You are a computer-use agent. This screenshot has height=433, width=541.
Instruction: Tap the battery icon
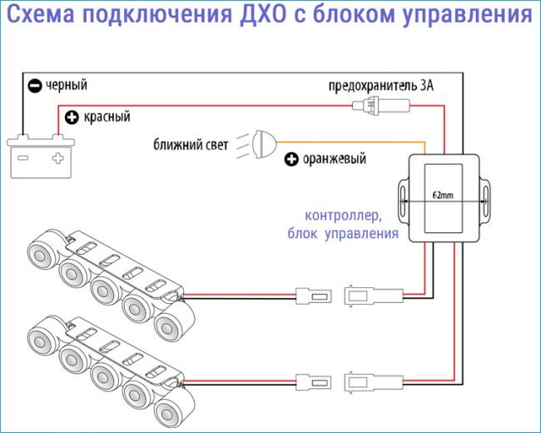coord(38,154)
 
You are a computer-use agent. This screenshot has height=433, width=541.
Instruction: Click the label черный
coord(67,84)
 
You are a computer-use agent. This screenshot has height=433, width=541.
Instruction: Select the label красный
coord(107,116)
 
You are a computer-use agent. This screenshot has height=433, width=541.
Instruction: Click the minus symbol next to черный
coord(34,85)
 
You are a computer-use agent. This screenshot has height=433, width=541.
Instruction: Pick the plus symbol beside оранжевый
coord(291,159)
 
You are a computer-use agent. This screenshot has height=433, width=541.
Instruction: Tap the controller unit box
coord(444,198)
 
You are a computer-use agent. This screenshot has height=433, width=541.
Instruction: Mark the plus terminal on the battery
coord(56,156)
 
